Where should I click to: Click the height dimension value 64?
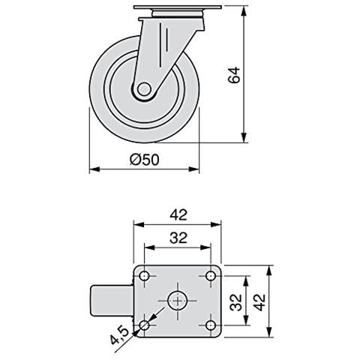coord(233,75)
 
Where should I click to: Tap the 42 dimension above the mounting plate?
coord(178,214)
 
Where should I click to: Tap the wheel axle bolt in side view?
coord(143,89)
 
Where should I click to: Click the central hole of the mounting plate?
coord(178,301)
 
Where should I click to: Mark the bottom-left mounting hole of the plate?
coord(145,325)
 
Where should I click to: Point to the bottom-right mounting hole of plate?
coord(211,325)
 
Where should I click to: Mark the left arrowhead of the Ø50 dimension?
coord(93,169)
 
